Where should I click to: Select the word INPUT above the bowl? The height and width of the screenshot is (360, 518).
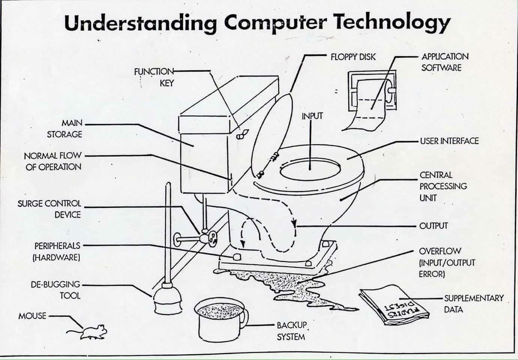(x=312, y=116)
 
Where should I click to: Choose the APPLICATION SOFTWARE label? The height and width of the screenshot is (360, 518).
(x=445, y=62)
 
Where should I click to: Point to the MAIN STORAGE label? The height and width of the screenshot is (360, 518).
(x=64, y=129)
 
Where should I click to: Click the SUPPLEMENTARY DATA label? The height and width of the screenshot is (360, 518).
(x=474, y=304)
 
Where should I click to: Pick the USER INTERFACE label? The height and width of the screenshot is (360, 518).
(x=449, y=141)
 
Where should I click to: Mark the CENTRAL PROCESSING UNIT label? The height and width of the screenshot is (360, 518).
(x=443, y=186)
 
